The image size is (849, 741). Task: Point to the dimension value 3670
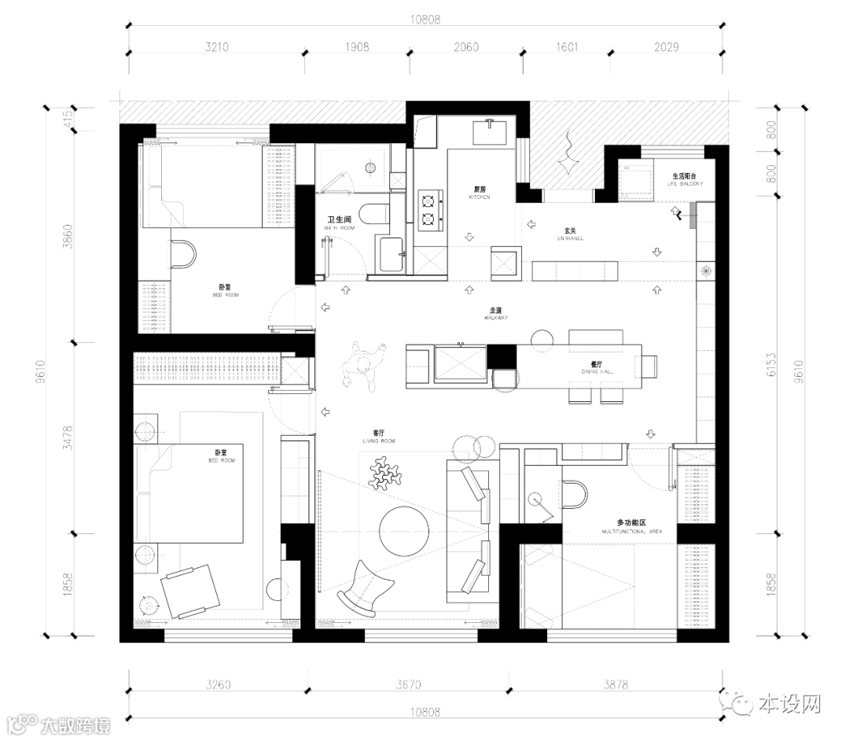(408, 684)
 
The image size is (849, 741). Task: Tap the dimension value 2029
(669, 48)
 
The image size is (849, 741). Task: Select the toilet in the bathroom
(372, 212)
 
